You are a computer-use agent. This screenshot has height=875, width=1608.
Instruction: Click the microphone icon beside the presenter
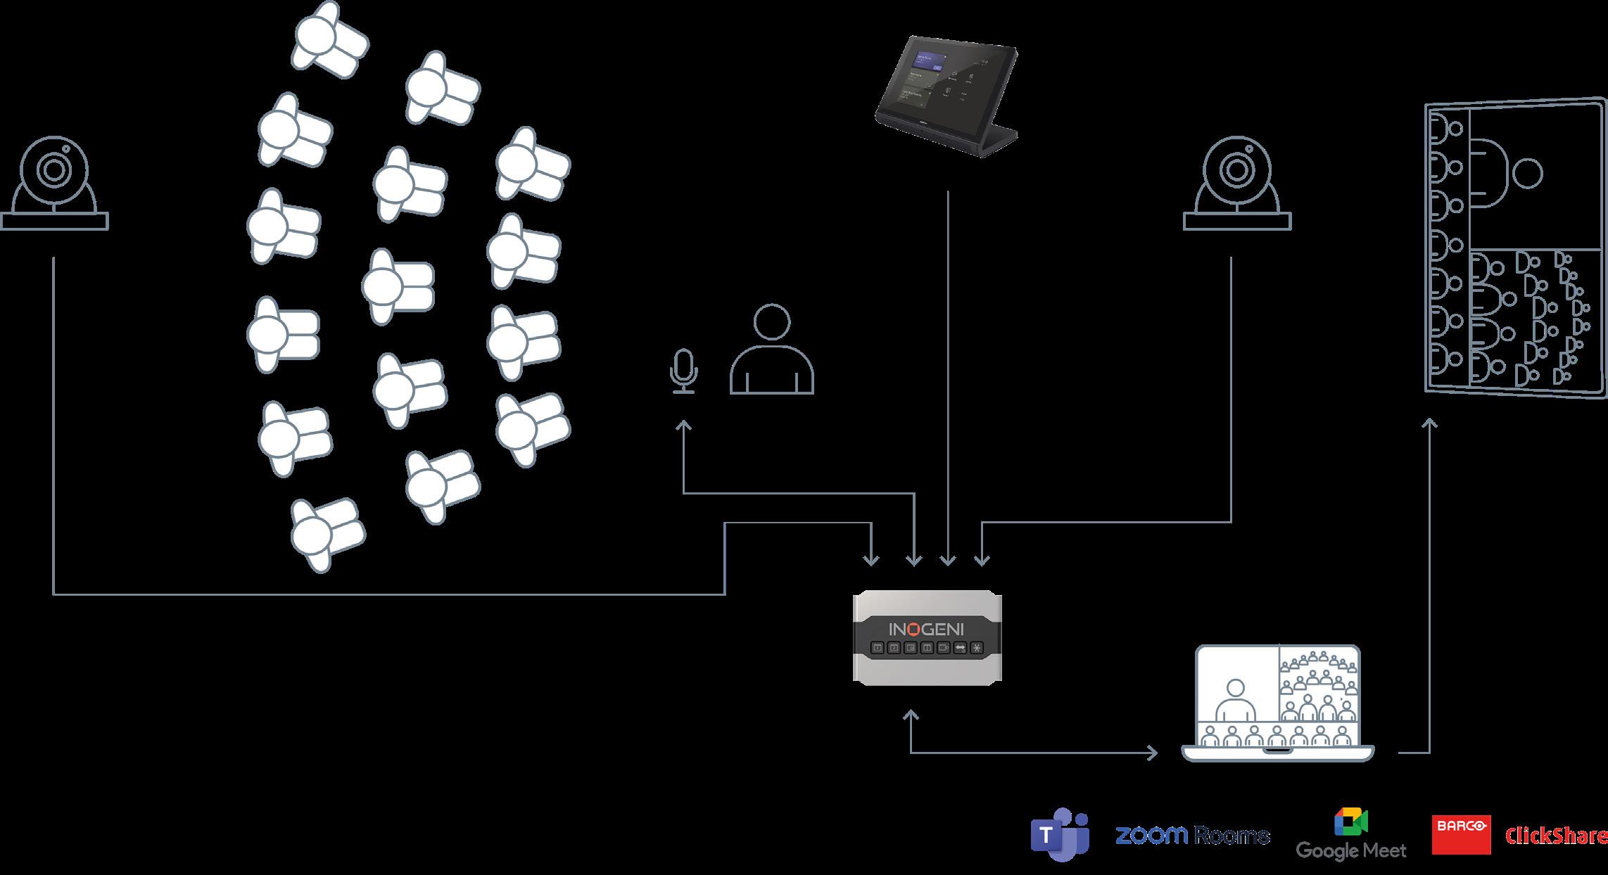click(683, 371)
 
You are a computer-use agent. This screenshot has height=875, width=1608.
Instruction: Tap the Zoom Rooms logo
click(1192, 836)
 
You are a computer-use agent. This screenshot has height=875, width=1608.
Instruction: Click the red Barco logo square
click(1461, 835)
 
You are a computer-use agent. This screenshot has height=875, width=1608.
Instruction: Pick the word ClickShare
click(1555, 836)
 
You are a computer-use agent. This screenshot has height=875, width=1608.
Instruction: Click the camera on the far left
click(55, 184)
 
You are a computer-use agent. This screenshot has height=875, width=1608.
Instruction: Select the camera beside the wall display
click(1237, 184)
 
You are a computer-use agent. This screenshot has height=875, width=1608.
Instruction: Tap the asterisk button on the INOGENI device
click(976, 648)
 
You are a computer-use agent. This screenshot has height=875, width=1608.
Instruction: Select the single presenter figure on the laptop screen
click(1235, 700)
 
